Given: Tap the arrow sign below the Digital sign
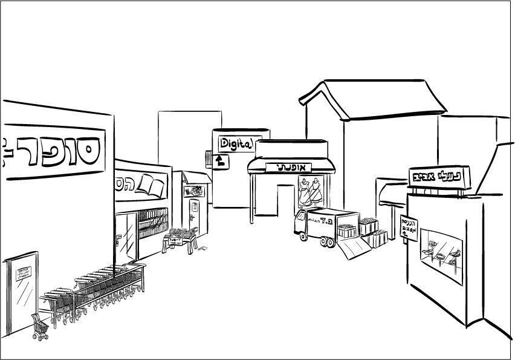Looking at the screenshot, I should coord(221,161).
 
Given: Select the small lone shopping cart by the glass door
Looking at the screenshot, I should coord(40,327).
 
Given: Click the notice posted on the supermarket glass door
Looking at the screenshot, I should coord(24,273).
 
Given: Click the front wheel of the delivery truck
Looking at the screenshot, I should coord(304,237).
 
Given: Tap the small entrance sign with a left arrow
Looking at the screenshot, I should coord(409,228).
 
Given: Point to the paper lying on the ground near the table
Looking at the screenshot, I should coord(204,247).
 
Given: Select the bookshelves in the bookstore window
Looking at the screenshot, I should coord(152,224).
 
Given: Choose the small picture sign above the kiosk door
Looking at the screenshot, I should coord(195,191).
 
